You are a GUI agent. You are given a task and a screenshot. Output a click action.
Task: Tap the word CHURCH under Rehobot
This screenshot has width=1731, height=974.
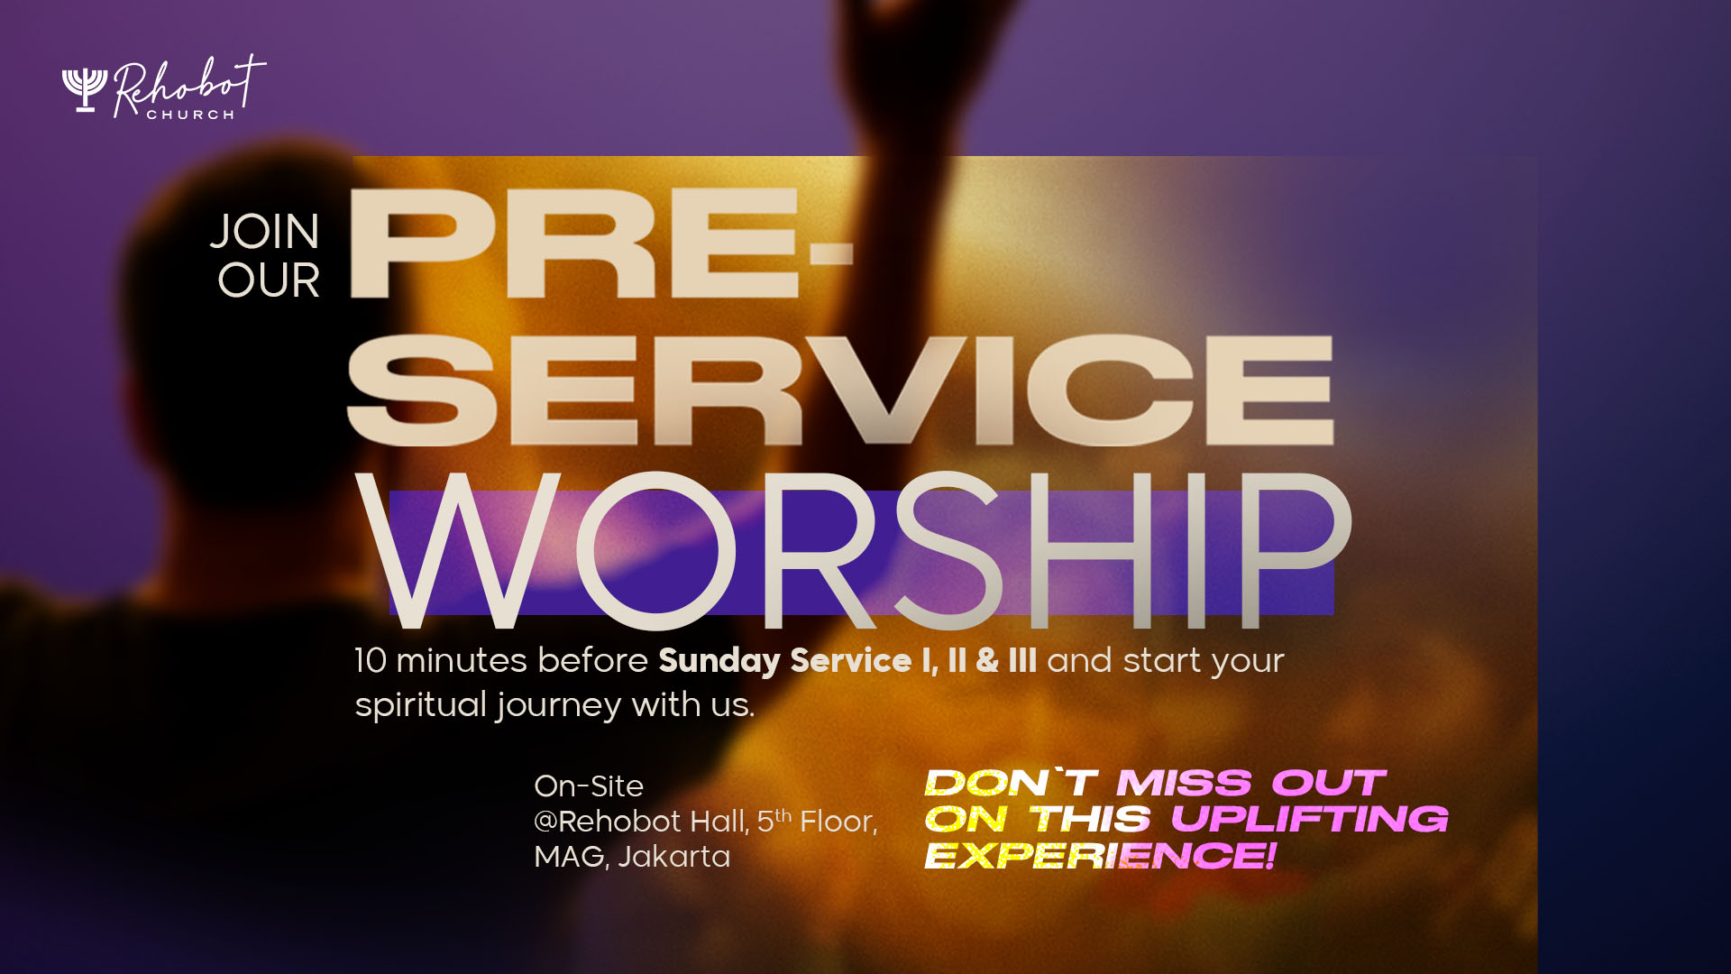click(x=191, y=115)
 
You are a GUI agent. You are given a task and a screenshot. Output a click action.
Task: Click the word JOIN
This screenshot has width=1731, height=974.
click(x=265, y=232)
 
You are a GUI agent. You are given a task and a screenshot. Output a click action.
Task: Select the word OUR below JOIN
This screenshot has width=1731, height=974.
click(x=269, y=280)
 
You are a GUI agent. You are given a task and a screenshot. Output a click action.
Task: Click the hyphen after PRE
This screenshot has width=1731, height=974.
click(x=830, y=253)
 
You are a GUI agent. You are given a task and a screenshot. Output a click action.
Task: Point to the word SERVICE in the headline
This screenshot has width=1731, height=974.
click(x=840, y=390)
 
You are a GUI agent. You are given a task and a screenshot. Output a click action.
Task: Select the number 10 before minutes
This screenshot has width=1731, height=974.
click(x=371, y=660)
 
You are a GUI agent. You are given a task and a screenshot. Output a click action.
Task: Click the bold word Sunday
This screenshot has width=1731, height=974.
click(x=719, y=661)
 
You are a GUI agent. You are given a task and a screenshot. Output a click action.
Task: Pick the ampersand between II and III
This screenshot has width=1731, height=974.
click(x=987, y=660)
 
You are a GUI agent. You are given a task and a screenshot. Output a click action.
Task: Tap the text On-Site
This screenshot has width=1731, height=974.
click(x=589, y=786)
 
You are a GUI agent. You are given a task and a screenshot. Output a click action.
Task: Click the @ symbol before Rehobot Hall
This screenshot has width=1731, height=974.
click(x=545, y=822)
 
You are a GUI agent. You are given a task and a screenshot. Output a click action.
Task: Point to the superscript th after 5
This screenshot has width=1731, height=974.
click(x=783, y=814)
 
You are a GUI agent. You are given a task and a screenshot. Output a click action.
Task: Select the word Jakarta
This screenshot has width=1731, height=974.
click(x=674, y=856)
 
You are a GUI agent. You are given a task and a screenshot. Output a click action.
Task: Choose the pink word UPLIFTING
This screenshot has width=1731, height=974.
click(x=1309, y=819)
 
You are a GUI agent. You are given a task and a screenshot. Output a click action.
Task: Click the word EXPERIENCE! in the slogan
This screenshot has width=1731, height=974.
click(x=1101, y=855)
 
